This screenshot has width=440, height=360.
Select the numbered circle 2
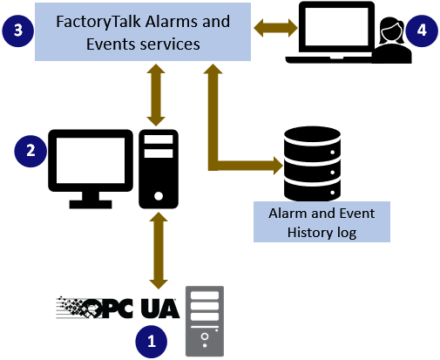click(30, 150)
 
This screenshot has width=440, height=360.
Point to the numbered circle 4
click(422, 30)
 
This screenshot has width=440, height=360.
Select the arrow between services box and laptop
click(274, 30)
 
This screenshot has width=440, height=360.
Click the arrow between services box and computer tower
click(157, 94)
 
